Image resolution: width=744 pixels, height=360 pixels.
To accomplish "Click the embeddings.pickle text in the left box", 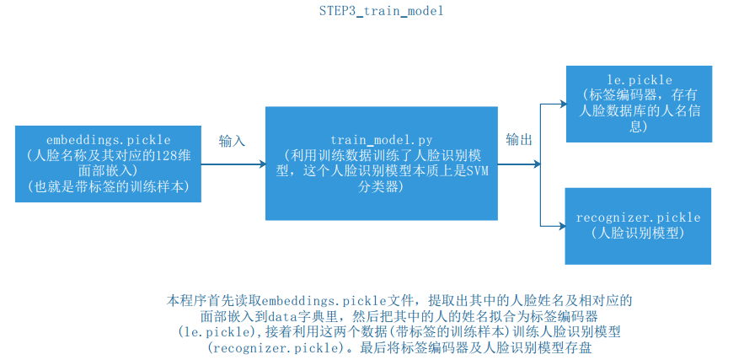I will pos(110,139).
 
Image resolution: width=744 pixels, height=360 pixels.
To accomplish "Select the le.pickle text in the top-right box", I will pos(638,80).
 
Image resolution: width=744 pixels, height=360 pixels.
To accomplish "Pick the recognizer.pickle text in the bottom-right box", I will pos(638,218).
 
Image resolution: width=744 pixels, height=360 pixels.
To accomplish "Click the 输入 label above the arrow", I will pos(232,141).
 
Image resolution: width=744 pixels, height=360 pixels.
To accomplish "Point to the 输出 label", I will pos(519,139).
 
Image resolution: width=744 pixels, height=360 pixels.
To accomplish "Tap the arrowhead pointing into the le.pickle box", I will pos(559,105).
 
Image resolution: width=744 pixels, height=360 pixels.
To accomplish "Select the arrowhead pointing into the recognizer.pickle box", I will pos(559,225).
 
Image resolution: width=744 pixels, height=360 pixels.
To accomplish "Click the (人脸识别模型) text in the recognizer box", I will pos(638,233).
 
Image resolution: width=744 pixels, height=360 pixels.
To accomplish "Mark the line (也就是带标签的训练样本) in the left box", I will pos(110,186).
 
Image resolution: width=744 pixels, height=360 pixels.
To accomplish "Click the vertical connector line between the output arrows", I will pos(540,164).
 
